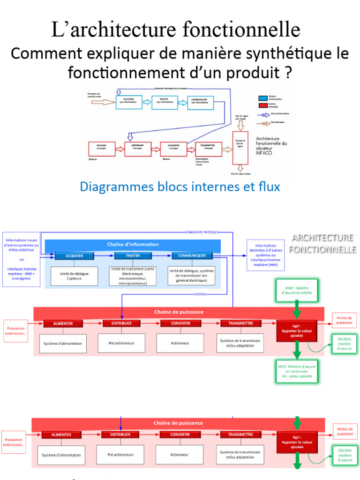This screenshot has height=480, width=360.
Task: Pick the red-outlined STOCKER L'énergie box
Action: click(102, 149)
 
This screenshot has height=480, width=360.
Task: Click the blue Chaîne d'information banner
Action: click(133, 244)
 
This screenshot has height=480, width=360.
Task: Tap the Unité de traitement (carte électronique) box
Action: click(133, 276)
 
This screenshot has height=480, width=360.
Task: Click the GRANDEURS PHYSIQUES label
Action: click(202, 232)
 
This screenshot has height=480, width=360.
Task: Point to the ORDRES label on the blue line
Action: click(200, 294)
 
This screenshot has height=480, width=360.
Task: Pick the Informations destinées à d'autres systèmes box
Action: click(266, 255)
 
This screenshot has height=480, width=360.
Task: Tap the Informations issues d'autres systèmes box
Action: click(22, 257)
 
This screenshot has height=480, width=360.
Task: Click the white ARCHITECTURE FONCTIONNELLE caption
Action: click(322, 243)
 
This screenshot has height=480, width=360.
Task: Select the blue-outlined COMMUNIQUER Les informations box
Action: click(200, 103)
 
